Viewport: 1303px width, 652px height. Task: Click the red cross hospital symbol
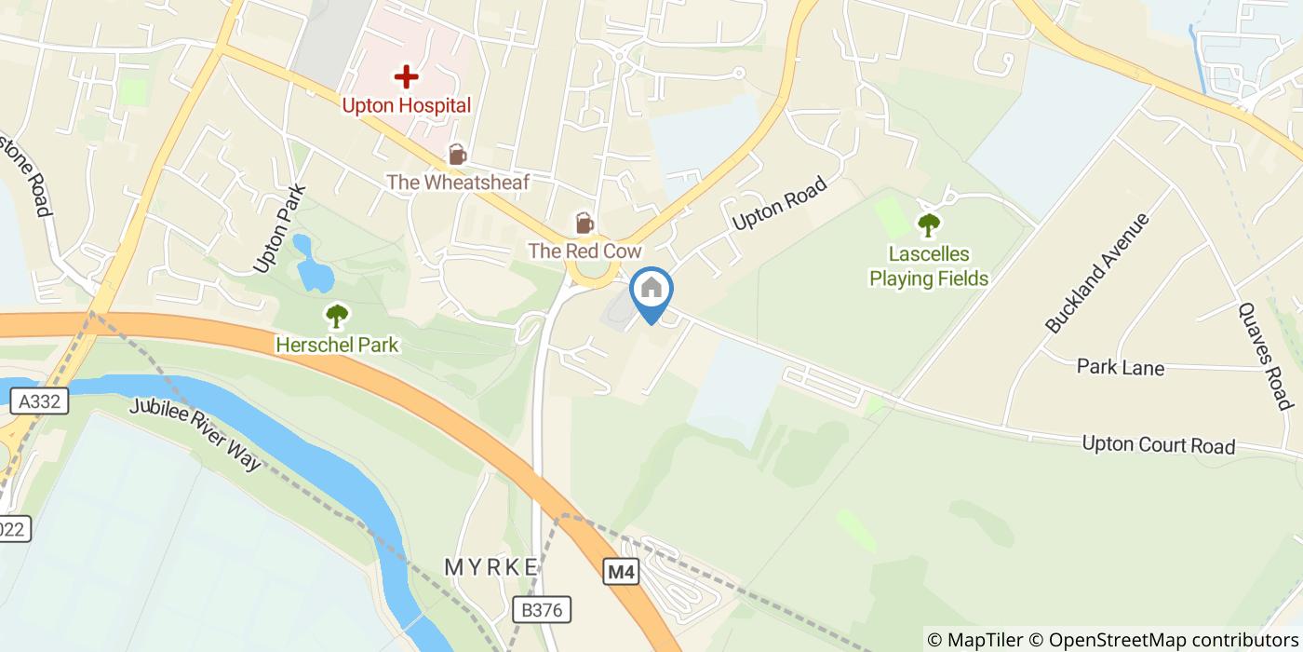pos(406,76)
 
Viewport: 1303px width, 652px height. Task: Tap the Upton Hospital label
pos(406,105)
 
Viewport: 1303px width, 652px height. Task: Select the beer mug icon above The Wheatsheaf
pos(457,154)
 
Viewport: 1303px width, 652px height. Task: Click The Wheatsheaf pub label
pos(457,183)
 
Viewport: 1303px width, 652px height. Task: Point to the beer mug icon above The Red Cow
pos(584,223)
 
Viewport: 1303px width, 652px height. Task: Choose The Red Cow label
pos(584,251)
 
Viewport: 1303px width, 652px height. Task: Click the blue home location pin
pos(651,291)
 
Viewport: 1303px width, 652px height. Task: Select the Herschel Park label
pos(337,346)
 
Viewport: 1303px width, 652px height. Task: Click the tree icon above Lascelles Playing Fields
pos(928,224)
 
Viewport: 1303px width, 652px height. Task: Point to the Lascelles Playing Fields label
pos(928,265)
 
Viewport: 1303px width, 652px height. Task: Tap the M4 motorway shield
pos(622,571)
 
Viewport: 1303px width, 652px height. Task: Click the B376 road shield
pos(541,610)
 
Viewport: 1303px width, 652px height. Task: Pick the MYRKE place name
pos(490,567)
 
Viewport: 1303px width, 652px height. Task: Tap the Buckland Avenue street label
pos(1097,273)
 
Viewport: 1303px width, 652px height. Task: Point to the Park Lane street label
pos(1120,367)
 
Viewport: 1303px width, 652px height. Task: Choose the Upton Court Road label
pos(1158,445)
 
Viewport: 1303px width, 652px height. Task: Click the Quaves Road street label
pos(1266,356)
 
